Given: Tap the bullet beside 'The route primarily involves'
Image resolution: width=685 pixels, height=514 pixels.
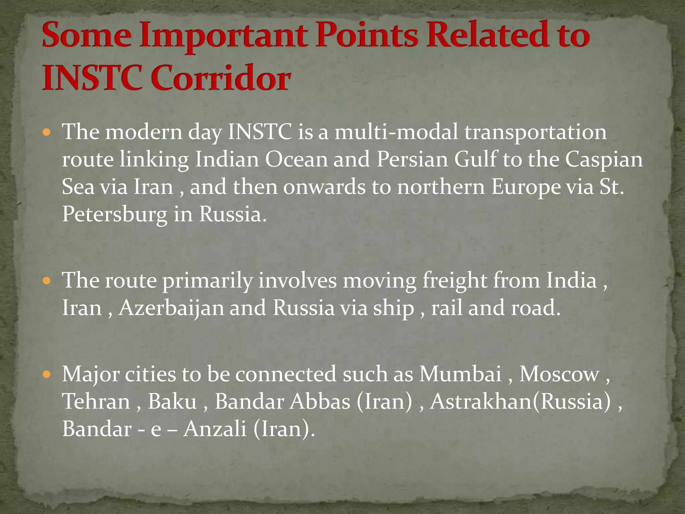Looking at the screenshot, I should (47, 280).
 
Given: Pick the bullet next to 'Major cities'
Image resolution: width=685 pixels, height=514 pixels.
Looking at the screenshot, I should (47, 374).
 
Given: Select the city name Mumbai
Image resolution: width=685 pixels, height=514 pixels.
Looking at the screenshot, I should (460, 374).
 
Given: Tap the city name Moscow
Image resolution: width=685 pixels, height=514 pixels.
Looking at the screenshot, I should (559, 374).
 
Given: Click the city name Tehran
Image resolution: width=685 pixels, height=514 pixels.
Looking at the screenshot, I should (96, 402).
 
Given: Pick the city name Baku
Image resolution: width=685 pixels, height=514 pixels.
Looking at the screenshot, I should (172, 402).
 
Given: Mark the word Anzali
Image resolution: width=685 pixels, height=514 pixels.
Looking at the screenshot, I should (215, 429).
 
